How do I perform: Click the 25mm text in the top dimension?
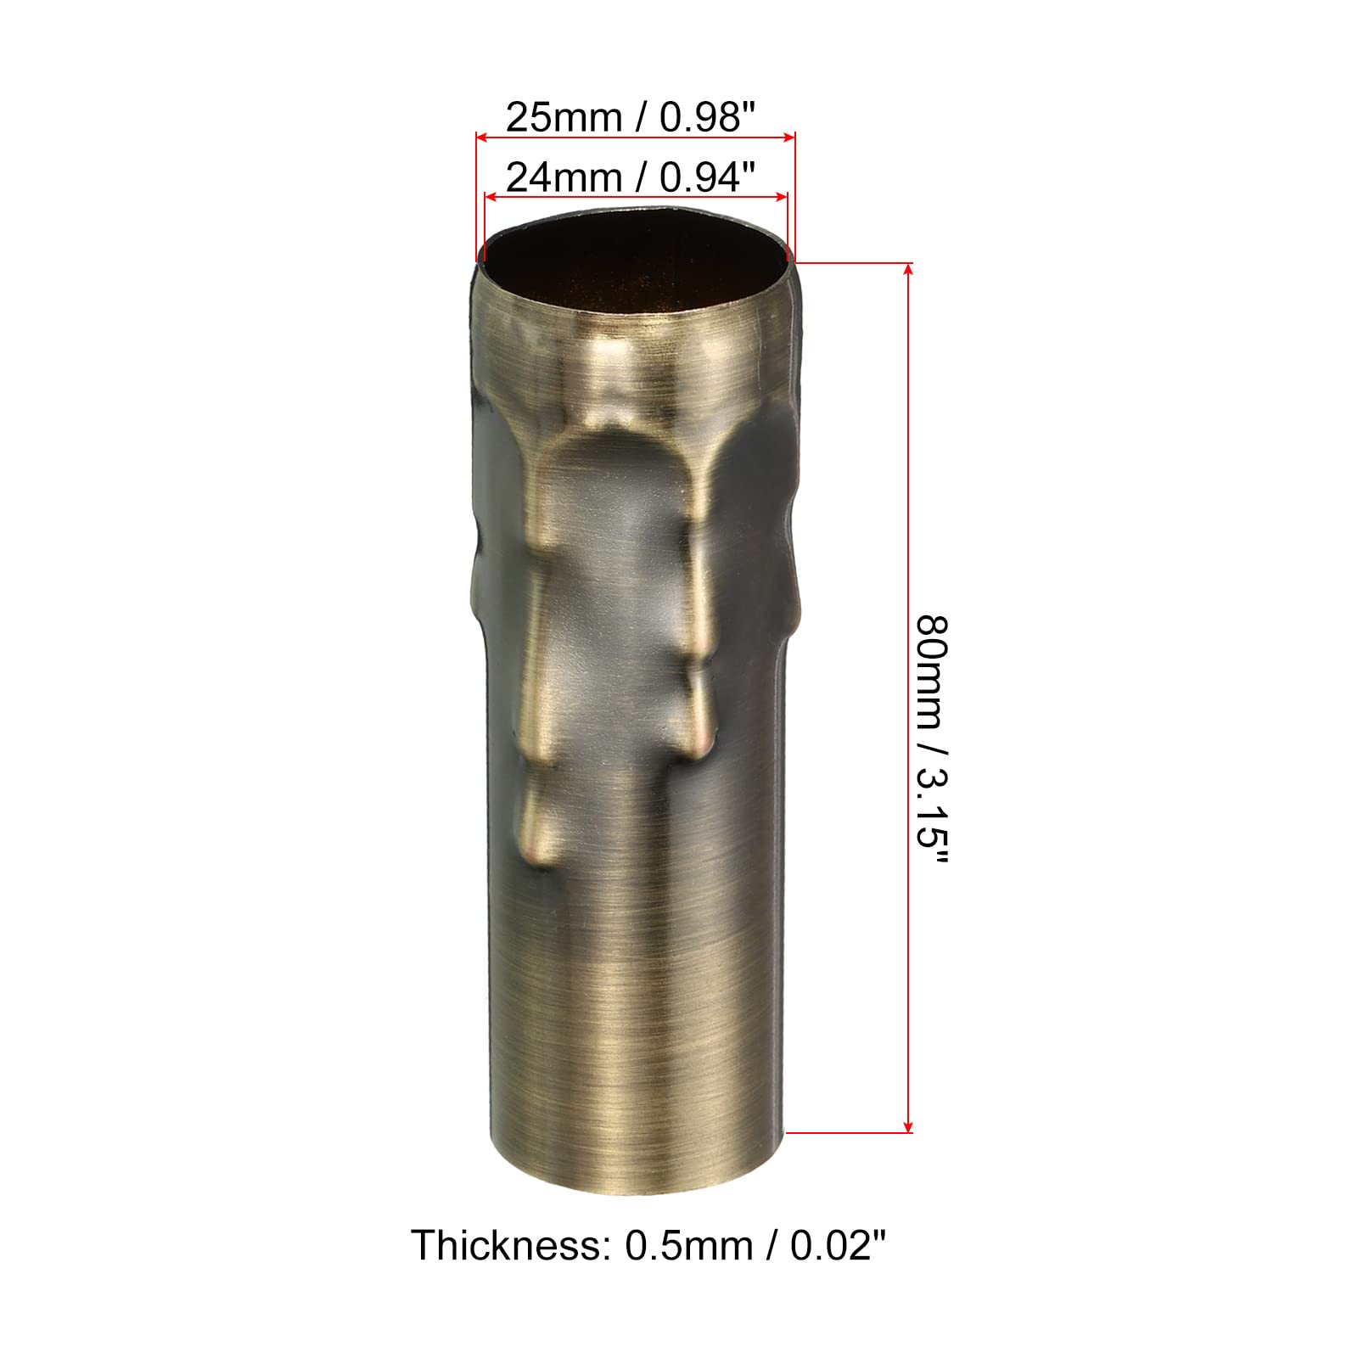[564, 117]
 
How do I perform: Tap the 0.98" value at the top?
[707, 117]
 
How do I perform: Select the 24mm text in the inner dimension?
[564, 178]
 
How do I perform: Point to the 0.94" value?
[707, 178]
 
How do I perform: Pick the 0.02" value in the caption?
[838, 1246]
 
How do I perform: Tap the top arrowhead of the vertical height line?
[909, 269]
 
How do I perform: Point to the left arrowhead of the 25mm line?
[481, 135]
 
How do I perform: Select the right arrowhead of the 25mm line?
[789, 135]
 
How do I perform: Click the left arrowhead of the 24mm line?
[489, 197]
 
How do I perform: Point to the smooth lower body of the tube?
[635, 1018]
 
